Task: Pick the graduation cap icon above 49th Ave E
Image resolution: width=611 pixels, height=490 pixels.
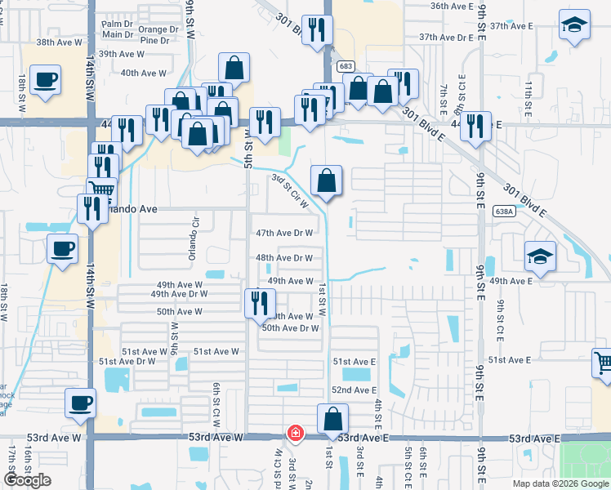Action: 539,257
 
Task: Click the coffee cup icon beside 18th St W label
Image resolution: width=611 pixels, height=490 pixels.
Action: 46,80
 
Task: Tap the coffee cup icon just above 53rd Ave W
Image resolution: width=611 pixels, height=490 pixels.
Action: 80,403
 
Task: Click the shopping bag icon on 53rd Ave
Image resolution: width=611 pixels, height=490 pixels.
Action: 332,419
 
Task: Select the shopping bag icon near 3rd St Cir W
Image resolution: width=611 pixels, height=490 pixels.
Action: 326,180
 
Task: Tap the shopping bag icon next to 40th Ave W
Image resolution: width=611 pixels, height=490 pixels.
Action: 234,68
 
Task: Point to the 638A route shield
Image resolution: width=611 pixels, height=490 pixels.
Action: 506,212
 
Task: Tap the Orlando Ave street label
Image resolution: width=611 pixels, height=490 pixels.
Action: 131,208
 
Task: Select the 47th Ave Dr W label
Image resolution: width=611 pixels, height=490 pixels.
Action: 284,233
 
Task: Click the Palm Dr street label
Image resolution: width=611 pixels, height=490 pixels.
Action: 117,24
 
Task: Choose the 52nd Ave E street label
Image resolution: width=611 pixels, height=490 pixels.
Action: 355,391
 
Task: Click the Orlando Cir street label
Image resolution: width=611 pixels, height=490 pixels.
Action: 194,237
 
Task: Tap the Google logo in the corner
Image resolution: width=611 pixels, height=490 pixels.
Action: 28,480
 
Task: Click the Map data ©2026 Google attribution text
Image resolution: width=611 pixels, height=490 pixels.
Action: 560,483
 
